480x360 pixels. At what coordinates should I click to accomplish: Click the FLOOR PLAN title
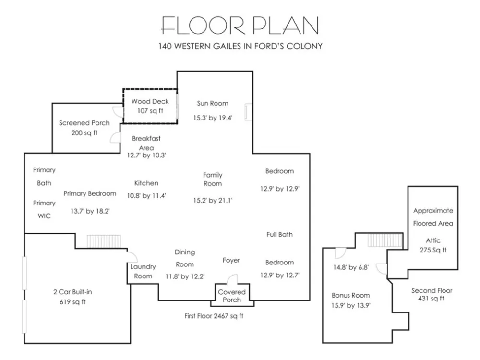point(240,25)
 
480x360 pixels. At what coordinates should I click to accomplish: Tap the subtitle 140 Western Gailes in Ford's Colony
point(240,46)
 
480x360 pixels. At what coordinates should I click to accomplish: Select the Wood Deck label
point(150,101)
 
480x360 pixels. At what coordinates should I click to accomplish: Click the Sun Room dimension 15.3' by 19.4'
point(213,118)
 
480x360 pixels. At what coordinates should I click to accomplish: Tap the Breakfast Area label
point(146,143)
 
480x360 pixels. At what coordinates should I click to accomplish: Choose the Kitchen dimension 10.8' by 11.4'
point(146,196)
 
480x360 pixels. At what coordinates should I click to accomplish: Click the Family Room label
point(213,180)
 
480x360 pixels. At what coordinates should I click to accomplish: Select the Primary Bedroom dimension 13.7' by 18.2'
point(90,211)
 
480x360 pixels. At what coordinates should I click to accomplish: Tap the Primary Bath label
point(44,177)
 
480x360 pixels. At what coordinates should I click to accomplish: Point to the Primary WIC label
point(44,209)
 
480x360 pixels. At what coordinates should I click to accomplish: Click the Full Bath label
point(279,235)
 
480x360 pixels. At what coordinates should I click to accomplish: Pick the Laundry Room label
point(143,271)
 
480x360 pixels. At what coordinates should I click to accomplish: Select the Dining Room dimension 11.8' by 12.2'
point(185,277)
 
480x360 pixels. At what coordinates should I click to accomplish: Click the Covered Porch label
point(232,296)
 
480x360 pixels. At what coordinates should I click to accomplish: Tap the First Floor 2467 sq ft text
point(214,316)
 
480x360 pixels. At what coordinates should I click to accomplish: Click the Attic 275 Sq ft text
point(433,245)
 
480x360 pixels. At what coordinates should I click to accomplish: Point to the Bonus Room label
point(351,295)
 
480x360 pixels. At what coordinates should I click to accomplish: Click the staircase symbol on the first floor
point(104,241)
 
